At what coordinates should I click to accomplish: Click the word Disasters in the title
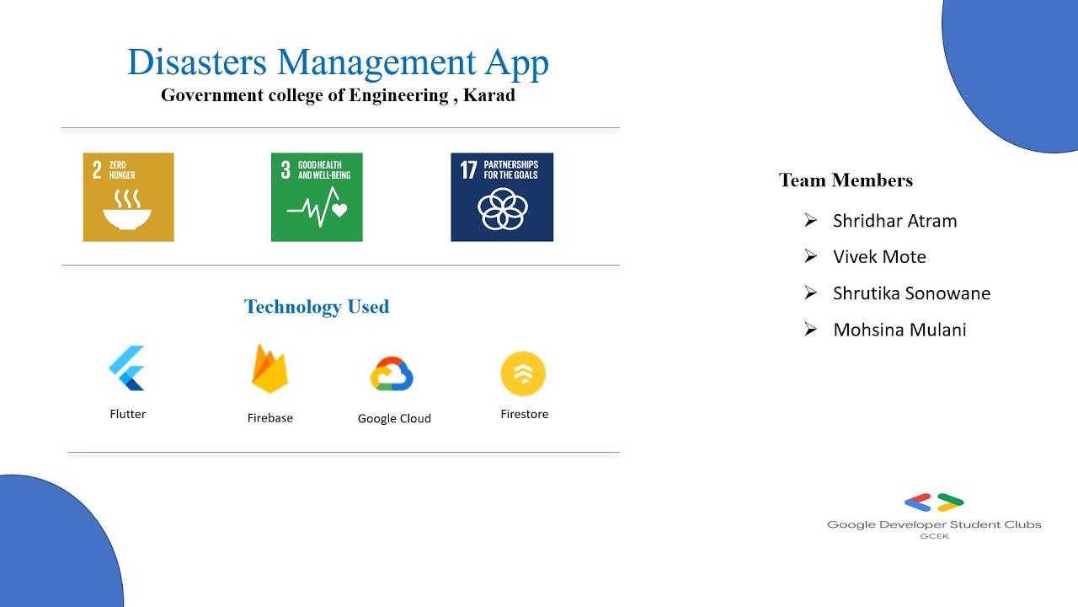tap(197, 63)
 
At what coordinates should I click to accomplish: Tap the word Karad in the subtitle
tap(489, 95)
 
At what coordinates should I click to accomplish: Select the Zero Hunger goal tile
tap(128, 197)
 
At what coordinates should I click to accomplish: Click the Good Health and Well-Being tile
tap(317, 197)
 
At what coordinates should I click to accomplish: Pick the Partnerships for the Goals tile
tap(502, 197)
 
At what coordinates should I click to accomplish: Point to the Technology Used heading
tap(317, 307)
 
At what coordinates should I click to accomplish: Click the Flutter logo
tap(127, 368)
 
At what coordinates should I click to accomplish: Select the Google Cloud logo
tap(392, 374)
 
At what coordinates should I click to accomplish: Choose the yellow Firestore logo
tap(523, 373)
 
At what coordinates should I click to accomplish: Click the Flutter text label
tap(128, 414)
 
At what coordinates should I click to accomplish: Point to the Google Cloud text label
tap(394, 418)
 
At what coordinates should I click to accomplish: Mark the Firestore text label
tap(524, 414)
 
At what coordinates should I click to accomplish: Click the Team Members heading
tap(846, 180)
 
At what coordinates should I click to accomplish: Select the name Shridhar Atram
tap(894, 221)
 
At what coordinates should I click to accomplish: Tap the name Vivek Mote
tap(879, 257)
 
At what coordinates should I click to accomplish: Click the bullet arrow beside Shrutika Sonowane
tap(810, 293)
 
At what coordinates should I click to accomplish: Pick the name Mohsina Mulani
tap(899, 330)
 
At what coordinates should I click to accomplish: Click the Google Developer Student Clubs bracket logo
tap(934, 503)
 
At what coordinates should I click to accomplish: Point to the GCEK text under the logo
tap(934, 536)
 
